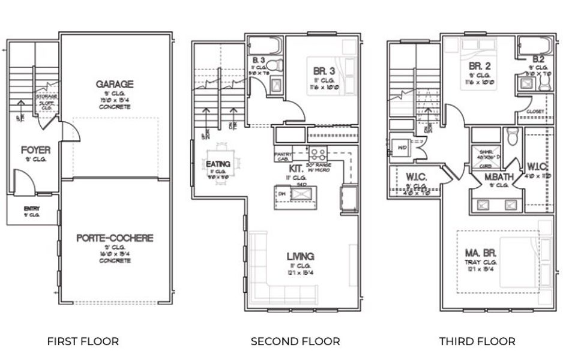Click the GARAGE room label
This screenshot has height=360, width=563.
[114, 84]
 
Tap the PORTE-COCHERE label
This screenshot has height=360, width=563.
[114, 238]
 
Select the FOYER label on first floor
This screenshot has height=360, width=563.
[35, 149]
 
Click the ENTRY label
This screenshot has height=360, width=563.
[32, 208]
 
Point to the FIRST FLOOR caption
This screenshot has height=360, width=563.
[83, 341]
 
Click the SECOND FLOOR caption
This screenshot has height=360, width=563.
[295, 341]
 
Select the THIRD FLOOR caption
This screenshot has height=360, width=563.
[477, 341]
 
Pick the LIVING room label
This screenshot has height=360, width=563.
[300, 256]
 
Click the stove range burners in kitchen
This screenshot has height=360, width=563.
[318, 152]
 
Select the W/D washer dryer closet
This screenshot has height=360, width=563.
[401, 146]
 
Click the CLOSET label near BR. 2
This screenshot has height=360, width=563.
[535, 112]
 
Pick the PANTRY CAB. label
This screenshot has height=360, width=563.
[283, 156]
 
